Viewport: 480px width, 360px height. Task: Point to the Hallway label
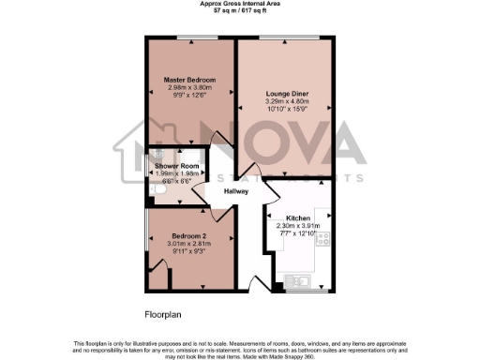pos(236,191)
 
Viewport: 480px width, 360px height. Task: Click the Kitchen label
pos(297,217)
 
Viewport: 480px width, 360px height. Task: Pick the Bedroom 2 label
pos(189,235)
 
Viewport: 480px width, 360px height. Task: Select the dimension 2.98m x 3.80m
pos(190,87)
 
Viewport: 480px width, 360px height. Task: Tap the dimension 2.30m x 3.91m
pos(297,225)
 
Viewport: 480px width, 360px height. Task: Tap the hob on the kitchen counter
pos(323,238)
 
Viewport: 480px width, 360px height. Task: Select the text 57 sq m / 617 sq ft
pos(240,12)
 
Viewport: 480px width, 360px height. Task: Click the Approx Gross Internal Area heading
pos(240,5)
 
